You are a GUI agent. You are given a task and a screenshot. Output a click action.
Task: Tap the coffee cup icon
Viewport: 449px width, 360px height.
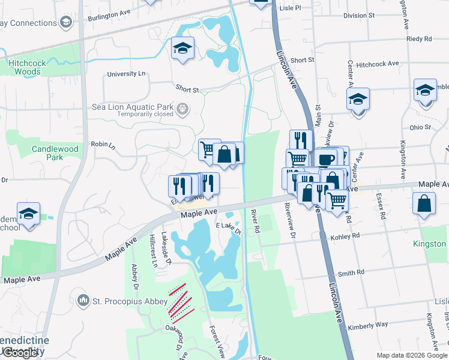pyautogui.click(x=327, y=160)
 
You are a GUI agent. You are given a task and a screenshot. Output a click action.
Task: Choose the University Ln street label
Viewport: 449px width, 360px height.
pyautogui.click(x=126, y=74)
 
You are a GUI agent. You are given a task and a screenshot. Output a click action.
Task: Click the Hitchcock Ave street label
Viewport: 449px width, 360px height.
pyautogui.click(x=377, y=64)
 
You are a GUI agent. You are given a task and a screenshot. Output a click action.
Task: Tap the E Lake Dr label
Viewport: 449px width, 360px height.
pyautogui.click(x=228, y=228)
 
